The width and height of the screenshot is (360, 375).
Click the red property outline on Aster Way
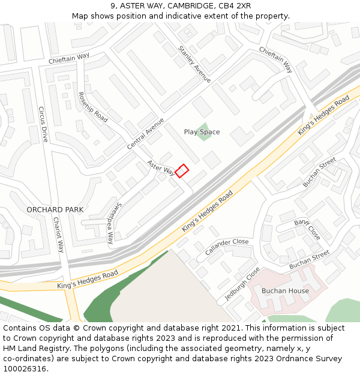coord(182,171)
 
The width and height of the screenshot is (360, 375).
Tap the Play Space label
coord(202,132)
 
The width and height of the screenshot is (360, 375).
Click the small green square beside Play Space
coord(205,133)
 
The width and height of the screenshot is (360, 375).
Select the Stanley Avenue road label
coord(194,64)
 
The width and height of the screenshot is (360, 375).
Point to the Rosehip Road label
coord(93,107)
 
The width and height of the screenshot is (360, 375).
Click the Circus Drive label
coord(43,124)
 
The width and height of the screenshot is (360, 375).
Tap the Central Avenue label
coord(145,134)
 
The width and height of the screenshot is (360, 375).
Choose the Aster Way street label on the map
coord(161,168)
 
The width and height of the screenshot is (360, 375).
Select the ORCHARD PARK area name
coord(55,209)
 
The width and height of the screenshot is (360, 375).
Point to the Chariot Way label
coord(59,235)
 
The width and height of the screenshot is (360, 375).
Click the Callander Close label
coord(227,246)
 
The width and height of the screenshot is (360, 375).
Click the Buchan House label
coord(285,291)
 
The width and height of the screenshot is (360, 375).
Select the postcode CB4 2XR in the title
coord(235,6)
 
